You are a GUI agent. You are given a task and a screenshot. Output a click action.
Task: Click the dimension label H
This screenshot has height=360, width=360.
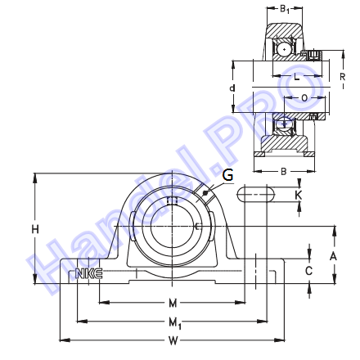[35, 229]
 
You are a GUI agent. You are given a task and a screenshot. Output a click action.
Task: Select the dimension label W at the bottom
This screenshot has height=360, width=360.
[173, 340]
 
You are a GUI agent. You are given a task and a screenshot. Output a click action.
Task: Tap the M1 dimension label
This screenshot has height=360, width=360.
[175, 323]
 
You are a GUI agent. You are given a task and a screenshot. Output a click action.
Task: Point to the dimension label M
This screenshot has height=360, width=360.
[173, 303]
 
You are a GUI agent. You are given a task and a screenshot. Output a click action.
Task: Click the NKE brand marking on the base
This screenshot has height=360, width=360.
[89, 273]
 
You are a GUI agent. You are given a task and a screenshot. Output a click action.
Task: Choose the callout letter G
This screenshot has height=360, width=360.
[227, 175]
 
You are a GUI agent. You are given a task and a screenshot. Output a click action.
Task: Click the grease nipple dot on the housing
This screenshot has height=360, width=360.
[205, 194]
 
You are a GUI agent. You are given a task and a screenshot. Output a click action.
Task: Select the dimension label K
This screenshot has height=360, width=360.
[299, 196]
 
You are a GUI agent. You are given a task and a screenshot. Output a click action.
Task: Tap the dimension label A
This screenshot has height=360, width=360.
[333, 256]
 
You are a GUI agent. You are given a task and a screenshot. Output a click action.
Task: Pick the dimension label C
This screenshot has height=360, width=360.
[308, 271]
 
